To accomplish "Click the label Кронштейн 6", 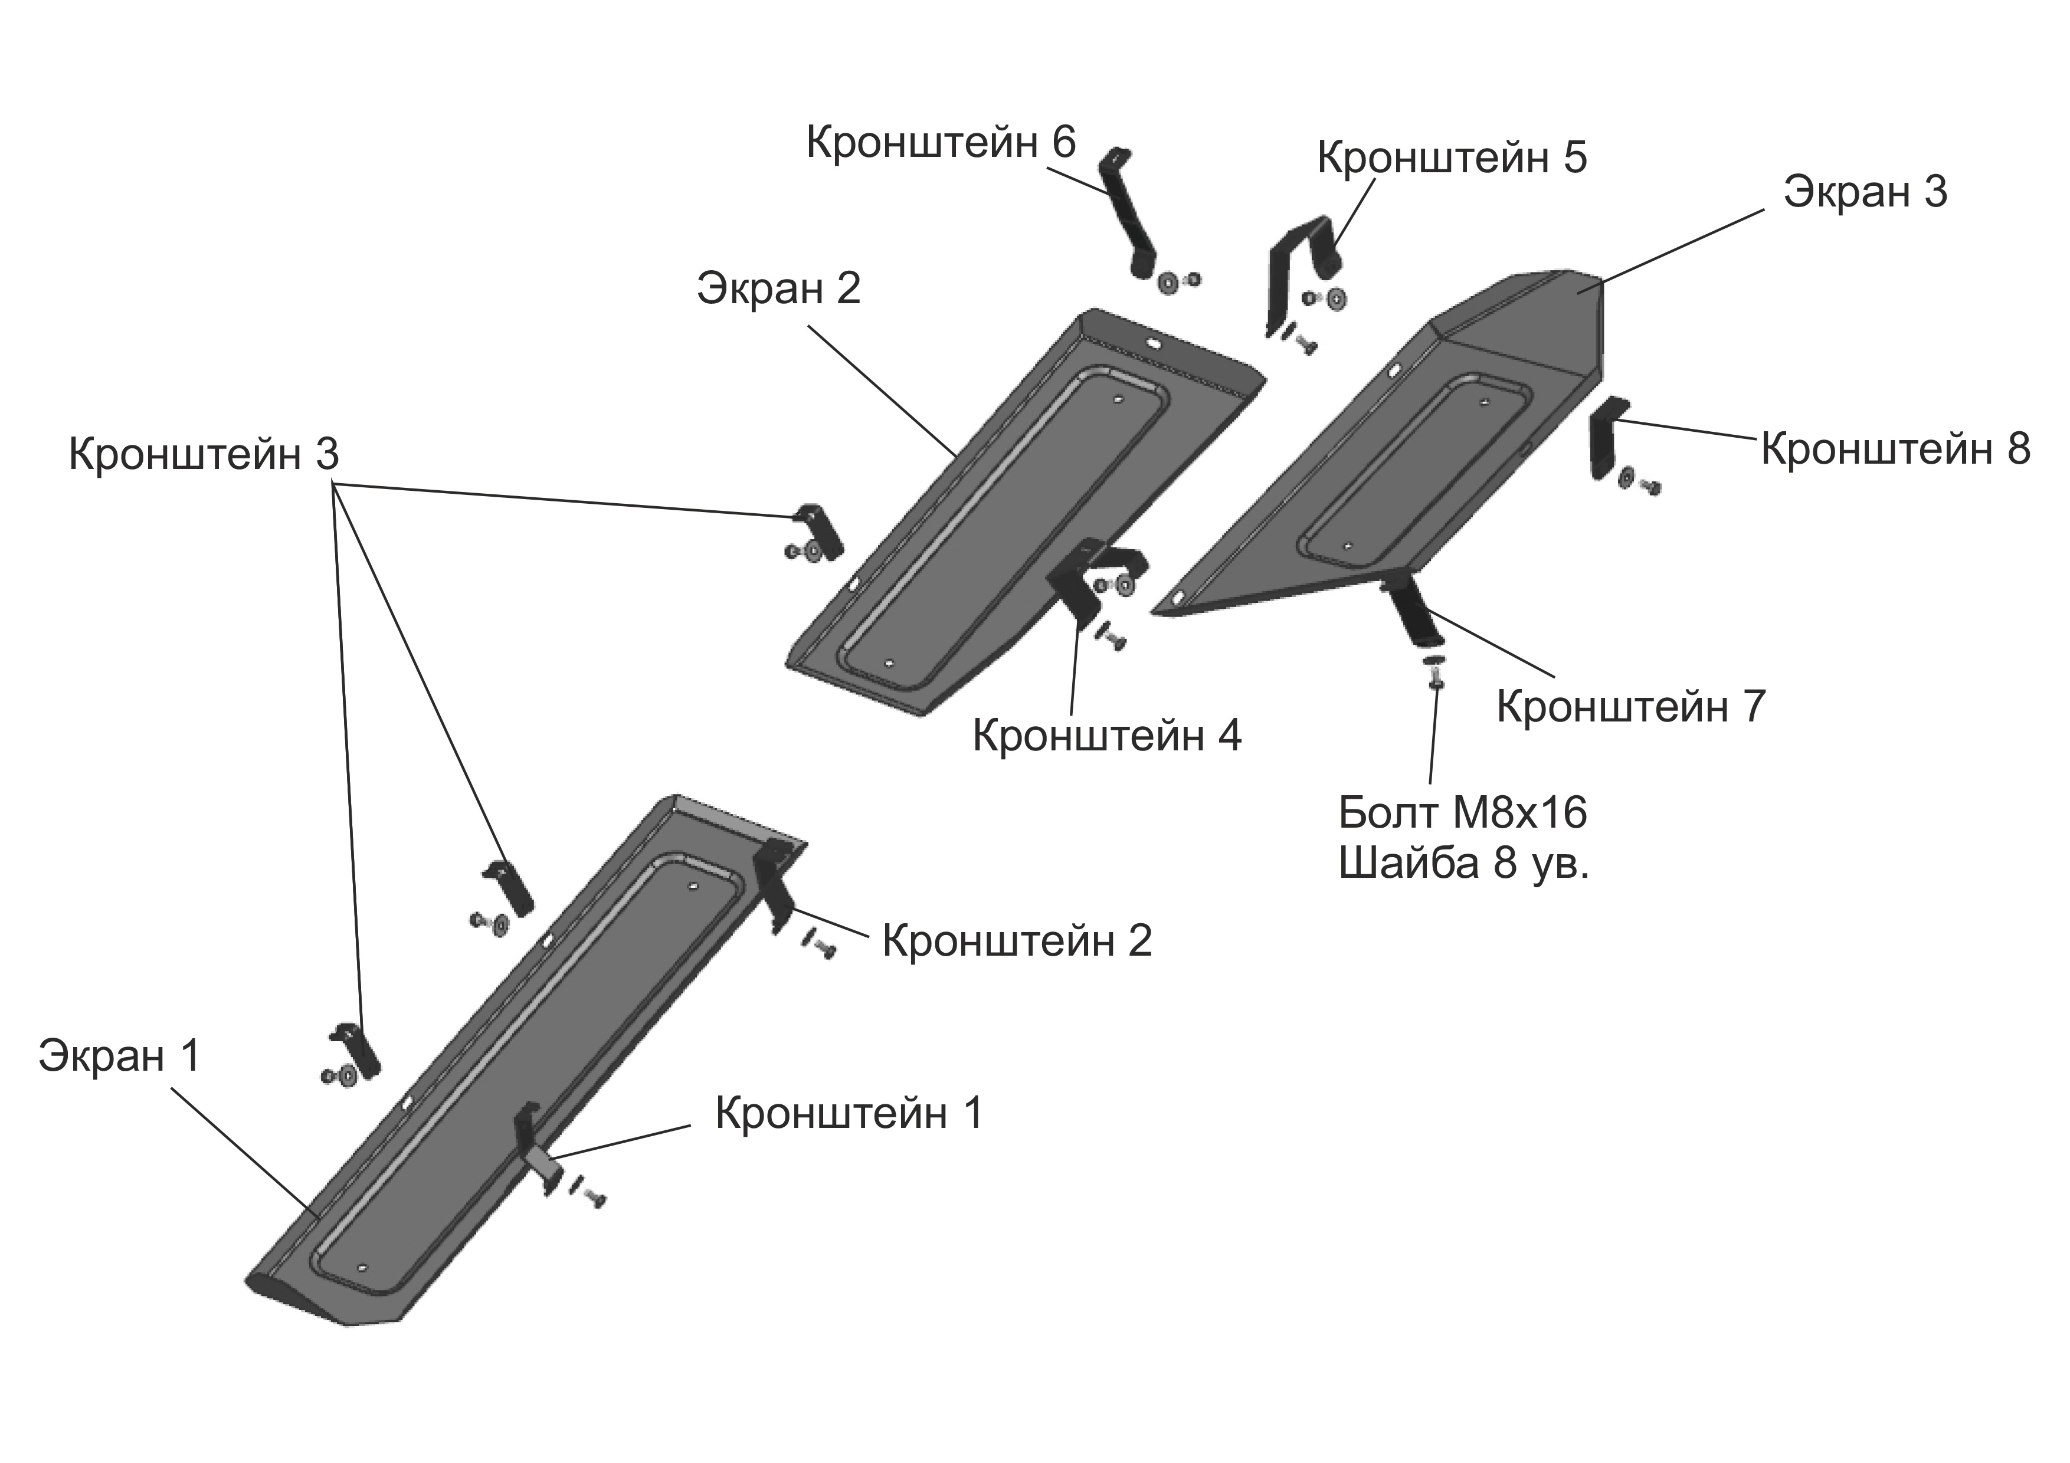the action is tap(941, 142).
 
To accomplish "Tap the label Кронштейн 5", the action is tap(1452, 157).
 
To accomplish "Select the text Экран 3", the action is tap(1865, 192).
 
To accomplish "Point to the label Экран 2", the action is tap(779, 288).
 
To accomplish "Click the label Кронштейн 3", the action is tap(204, 454).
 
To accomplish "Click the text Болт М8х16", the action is tap(1462, 813).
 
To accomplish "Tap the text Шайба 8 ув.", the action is tap(1464, 864).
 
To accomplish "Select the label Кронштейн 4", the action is tap(1107, 736).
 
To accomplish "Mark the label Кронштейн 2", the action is tap(1017, 941).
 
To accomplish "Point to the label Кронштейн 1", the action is tap(849, 1113).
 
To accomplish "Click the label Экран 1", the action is tap(119, 1055).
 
